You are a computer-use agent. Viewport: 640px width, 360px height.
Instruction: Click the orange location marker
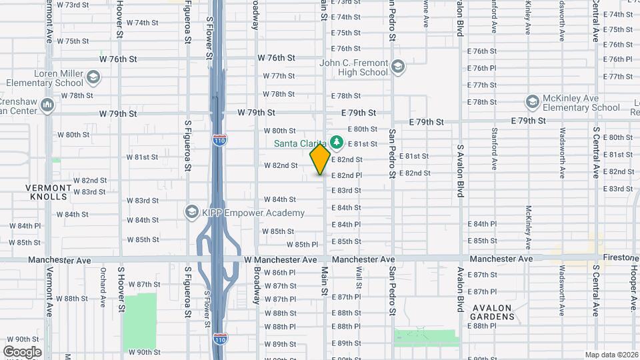point(320,159)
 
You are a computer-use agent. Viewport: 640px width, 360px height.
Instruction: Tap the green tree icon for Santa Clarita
point(337,143)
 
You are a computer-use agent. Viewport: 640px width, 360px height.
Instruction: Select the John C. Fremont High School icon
point(398,66)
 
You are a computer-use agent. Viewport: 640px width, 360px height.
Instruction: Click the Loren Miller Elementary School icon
point(93,78)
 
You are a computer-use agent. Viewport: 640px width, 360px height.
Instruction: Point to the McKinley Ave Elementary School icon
point(532,102)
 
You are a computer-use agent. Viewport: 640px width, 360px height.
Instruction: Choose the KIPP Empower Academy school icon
point(192,212)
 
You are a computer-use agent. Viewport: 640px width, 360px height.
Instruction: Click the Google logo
point(22,351)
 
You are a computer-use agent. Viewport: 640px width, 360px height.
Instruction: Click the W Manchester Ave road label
point(281,259)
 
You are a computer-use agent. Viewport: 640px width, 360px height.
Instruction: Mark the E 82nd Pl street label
point(347,175)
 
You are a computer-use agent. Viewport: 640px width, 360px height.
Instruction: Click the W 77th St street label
point(279,76)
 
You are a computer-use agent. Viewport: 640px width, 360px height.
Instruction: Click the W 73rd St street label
point(73,5)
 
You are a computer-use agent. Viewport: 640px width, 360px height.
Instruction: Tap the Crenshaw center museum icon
point(47,105)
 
